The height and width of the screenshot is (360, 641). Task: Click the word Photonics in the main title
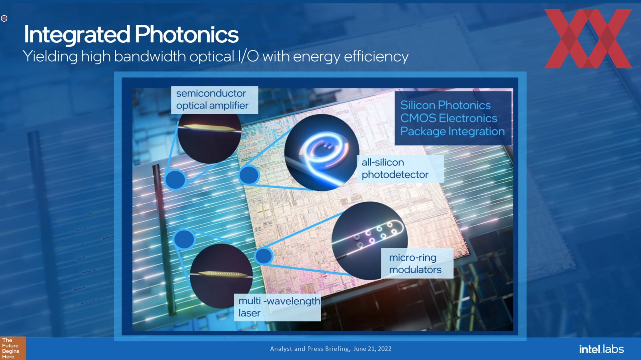[x=187, y=34]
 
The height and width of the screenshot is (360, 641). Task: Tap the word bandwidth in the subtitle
[x=150, y=56]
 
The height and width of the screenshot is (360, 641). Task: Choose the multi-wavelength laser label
[x=277, y=307]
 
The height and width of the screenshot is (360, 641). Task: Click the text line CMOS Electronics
[x=449, y=118]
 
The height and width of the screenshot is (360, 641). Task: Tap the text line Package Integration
[x=452, y=131]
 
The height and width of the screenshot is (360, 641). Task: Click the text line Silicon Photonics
[x=445, y=105]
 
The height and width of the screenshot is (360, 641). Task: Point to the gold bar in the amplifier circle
[x=210, y=128]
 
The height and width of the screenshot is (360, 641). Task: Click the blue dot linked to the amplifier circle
[x=175, y=179]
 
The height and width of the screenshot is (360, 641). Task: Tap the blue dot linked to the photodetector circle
[x=249, y=175]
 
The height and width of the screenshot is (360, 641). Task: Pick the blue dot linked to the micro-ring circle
[x=264, y=256]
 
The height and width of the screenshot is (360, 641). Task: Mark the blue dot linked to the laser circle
[x=184, y=239]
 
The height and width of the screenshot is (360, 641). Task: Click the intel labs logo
[x=601, y=349]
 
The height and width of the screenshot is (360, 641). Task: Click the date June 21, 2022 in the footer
[x=373, y=349]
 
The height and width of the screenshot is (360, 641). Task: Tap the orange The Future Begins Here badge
[x=13, y=348]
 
